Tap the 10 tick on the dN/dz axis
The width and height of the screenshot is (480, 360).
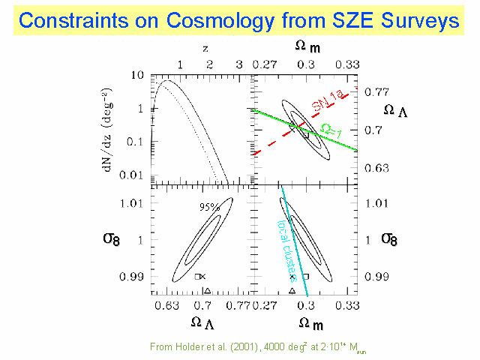tap(136, 76)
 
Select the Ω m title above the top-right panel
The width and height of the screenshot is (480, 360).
tap(303, 49)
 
